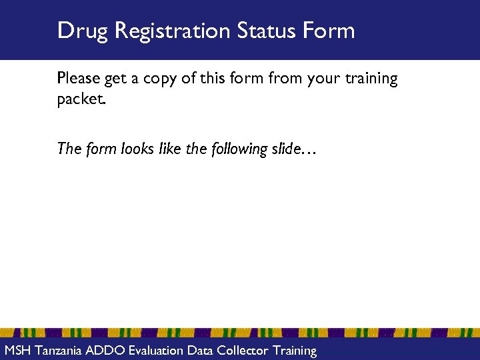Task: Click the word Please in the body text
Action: pos(79,79)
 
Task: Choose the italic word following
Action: pos(238,149)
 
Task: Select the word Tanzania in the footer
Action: pos(60,350)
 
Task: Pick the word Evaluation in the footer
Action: pos(157,350)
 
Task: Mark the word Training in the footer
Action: pos(294,351)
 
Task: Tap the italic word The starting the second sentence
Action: pos(69,149)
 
